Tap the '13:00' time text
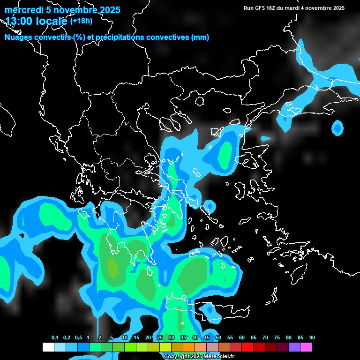[19, 21]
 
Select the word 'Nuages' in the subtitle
[18, 37]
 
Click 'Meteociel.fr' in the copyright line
[217, 357]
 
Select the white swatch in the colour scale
[48, 347]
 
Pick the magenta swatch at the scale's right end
[306, 347]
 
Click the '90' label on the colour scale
[312, 338]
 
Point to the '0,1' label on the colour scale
[55, 338]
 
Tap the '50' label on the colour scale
[218, 338]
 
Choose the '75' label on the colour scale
[277, 338]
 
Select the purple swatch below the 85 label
[294, 347]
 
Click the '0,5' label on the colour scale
[78, 338]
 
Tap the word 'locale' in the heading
[51, 21]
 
